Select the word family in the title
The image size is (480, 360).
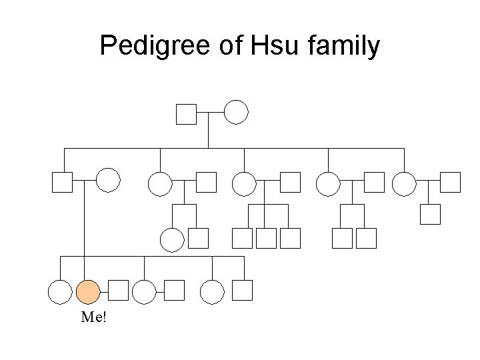click(x=345, y=46)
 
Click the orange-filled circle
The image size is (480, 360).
click(x=88, y=291)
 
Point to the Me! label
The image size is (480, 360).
click(x=93, y=317)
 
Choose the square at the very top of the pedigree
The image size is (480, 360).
click(x=186, y=114)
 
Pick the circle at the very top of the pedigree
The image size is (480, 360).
click(x=236, y=113)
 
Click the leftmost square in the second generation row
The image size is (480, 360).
click(x=62, y=182)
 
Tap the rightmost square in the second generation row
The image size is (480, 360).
click(x=451, y=182)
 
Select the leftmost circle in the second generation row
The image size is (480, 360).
click(x=108, y=181)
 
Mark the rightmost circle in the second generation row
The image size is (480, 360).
click(x=404, y=183)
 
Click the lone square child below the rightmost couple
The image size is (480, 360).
click(x=430, y=214)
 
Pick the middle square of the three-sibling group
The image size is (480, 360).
click(x=266, y=238)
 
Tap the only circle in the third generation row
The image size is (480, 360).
click(x=172, y=239)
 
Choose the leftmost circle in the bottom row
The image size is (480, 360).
click(x=60, y=291)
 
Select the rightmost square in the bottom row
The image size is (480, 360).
click(x=243, y=290)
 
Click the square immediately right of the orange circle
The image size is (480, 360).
click(x=118, y=290)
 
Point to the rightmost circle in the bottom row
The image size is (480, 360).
click(x=212, y=291)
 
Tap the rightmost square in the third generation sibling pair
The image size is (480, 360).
click(x=366, y=238)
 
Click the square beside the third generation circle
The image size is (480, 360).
click(x=198, y=238)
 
